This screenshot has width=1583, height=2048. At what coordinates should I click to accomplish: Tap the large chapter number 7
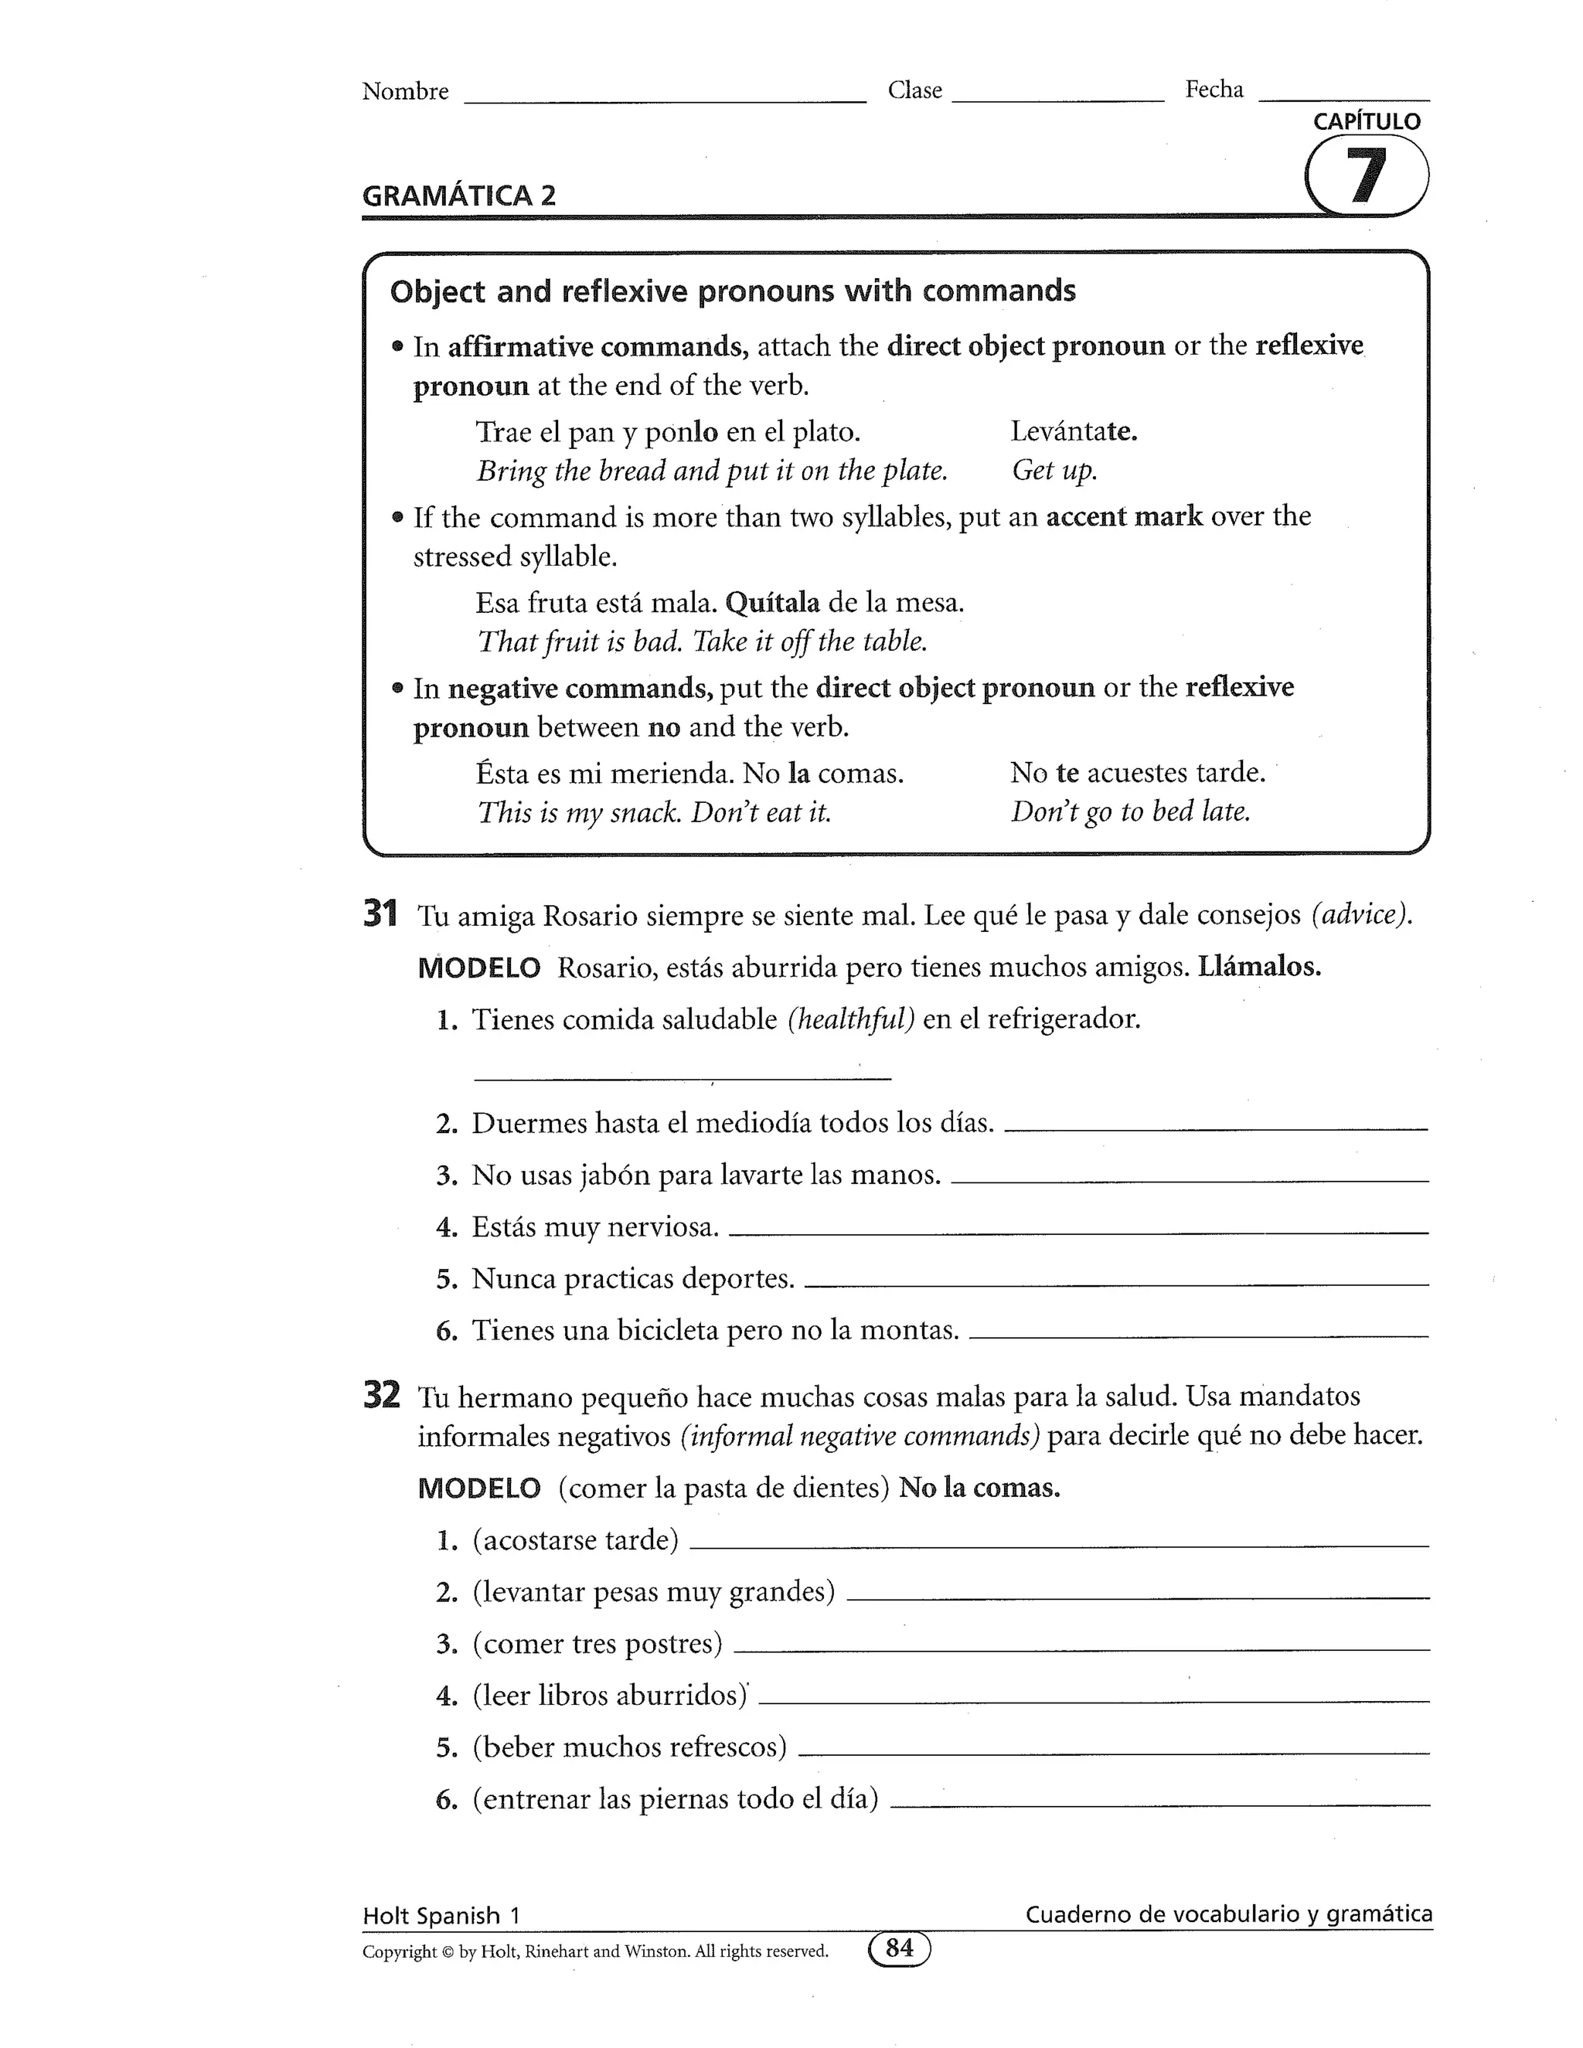pyautogui.click(x=1367, y=176)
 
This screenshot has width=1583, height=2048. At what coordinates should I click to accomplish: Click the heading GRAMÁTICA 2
pyautogui.click(x=458, y=196)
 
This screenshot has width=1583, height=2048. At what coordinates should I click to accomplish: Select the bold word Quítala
pyautogui.click(x=772, y=602)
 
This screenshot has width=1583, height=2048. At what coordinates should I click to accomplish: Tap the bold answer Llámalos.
pyautogui.click(x=1258, y=967)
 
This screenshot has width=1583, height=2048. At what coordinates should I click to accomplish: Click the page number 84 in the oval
pyautogui.click(x=900, y=1948)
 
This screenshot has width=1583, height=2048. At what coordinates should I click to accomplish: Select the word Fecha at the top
pyautogui.click(x=1214, y=90)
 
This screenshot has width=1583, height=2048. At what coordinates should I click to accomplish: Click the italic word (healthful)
pyautogui.click(x=850, y=1019)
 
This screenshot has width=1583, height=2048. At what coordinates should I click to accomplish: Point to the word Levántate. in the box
pyautogui.click(x=1074, y=431)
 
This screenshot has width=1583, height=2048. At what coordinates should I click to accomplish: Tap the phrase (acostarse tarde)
pyautogui.click(x=575, y=1539)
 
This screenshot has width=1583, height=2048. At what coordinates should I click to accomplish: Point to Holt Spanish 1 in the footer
pyautogui.click(x=441, y=1916)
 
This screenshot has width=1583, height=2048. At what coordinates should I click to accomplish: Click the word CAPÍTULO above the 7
pyautogui.click(x=1367, y=121)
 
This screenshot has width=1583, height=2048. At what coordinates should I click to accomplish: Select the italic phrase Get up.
pyautogui.click(x=1054, y=470)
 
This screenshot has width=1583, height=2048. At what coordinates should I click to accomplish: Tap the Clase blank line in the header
pyautogui.click(x=1057, y=97)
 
